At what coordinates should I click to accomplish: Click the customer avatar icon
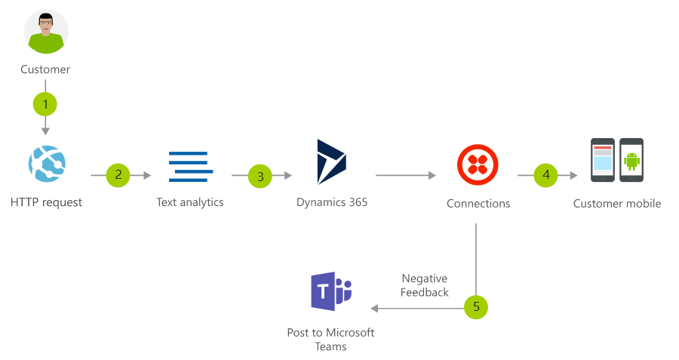(46, 32)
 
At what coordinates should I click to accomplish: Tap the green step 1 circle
(45, 103)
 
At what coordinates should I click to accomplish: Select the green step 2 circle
(118, 175)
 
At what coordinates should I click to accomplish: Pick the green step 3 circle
(260, 176)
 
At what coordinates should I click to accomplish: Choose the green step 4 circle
(546, 175)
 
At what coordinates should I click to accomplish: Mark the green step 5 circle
(476, 306)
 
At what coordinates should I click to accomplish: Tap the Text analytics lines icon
(189, 167)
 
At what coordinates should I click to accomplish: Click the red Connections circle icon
(478, 165)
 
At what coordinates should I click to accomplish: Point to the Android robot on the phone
(631, 160)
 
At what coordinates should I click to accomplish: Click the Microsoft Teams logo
(331, 292)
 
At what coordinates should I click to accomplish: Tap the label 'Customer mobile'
(617, 203)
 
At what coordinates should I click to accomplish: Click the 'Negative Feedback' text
(425, 285)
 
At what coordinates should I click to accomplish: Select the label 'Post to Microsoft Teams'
(330, 339)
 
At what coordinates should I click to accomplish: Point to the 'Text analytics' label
(190, 202)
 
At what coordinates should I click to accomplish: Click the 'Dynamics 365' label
(332, 202)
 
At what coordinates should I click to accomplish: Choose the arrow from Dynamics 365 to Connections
(405, 176)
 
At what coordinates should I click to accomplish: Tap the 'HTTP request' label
(47, 202)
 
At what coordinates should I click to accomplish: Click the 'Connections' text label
(478, 203)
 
